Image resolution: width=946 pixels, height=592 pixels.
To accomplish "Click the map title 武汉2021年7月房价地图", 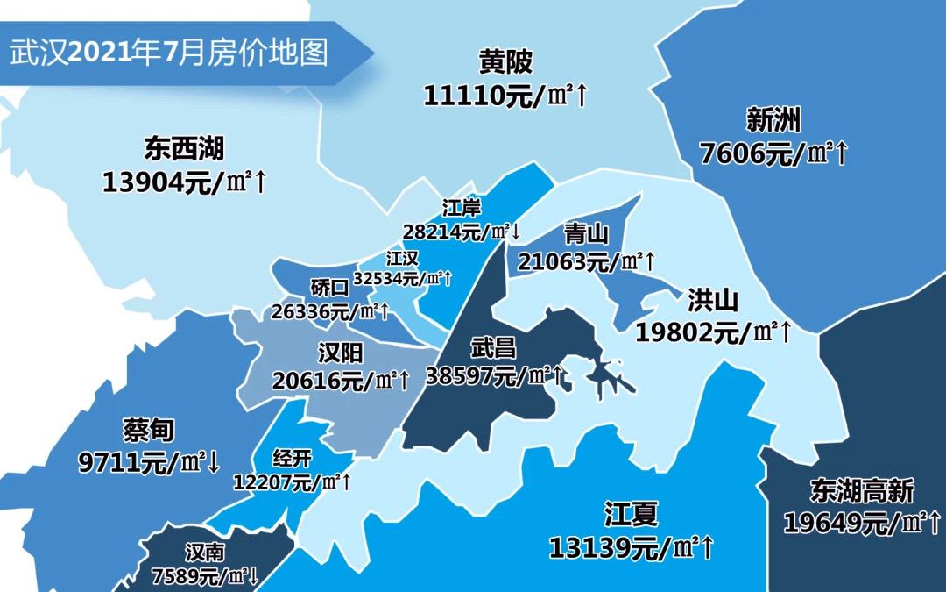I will point(169,53).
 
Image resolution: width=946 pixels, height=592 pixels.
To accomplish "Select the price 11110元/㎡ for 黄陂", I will point(496,95).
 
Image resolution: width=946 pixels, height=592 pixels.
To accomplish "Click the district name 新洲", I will point(773,120).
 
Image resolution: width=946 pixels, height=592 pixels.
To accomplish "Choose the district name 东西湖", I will point(185,149).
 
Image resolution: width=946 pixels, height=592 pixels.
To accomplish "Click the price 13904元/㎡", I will point(175,182).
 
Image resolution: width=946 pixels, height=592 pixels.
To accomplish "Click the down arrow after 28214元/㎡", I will point(516,232).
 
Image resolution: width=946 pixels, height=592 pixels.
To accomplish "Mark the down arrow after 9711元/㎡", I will point(214,462).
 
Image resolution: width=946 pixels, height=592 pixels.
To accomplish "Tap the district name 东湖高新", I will point(862,491).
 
